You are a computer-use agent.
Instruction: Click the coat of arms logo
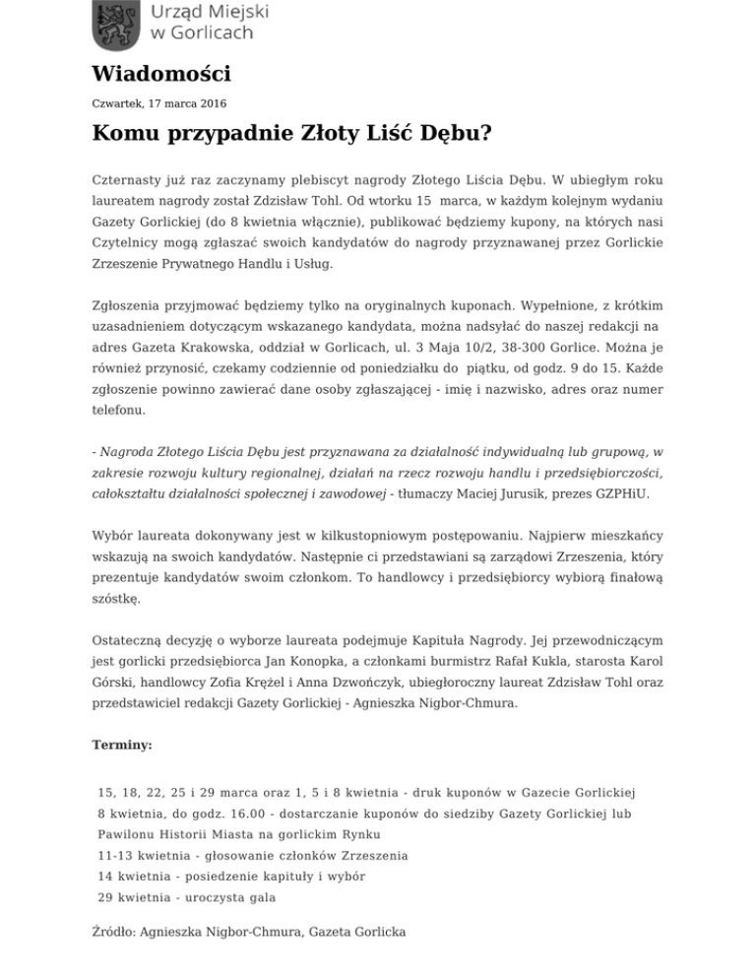[x=115, y=26]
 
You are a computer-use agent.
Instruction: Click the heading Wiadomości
[x=161, y=73]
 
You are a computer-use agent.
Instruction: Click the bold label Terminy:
[x=122, y=747]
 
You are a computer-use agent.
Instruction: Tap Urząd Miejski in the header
[x=209, y=12]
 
